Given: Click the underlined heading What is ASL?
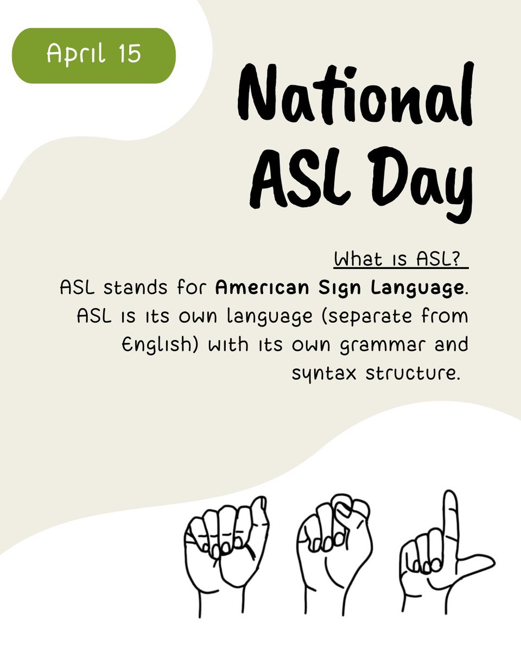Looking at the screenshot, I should (401, 259).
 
